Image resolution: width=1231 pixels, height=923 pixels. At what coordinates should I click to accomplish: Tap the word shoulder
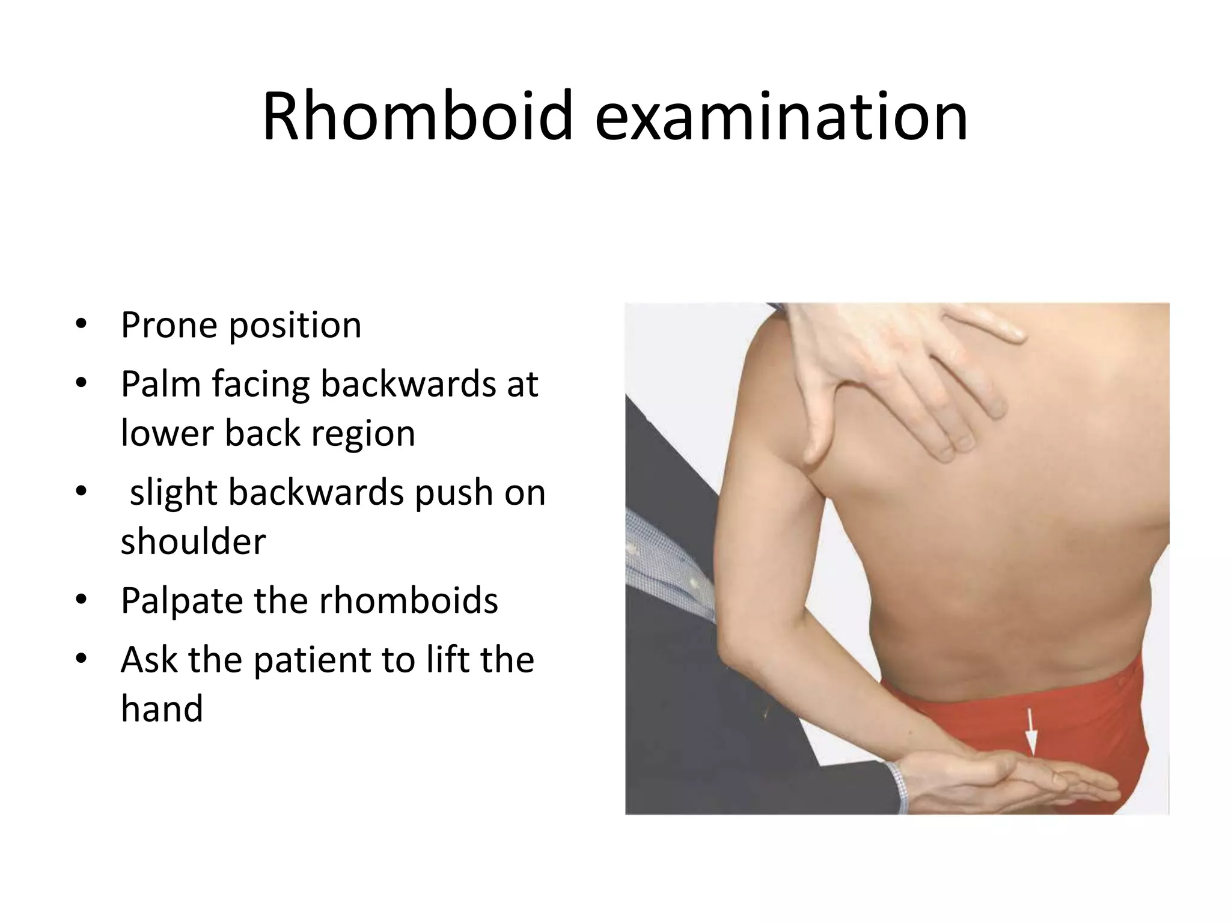tap(193, 541)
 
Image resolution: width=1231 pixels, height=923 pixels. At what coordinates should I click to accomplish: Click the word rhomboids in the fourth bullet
tap(408, 600)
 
